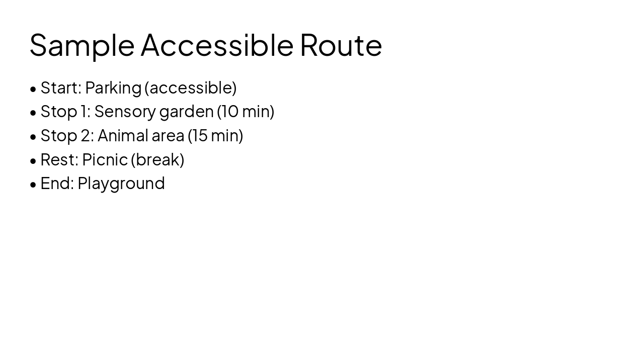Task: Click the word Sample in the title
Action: [82, 45]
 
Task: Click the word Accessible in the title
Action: [217, 44]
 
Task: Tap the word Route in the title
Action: [341, 44]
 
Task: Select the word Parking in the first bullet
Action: [113, 88]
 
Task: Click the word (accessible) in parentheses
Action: [190, 87]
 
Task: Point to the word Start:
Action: [61, 87]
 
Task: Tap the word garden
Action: [186, 111]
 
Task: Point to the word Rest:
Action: [59, 159]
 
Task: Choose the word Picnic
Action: [105, 159]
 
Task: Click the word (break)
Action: [157, 159]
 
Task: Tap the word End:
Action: [57, 183]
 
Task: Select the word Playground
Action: [121, 184]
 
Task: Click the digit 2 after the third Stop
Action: [86, 135]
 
